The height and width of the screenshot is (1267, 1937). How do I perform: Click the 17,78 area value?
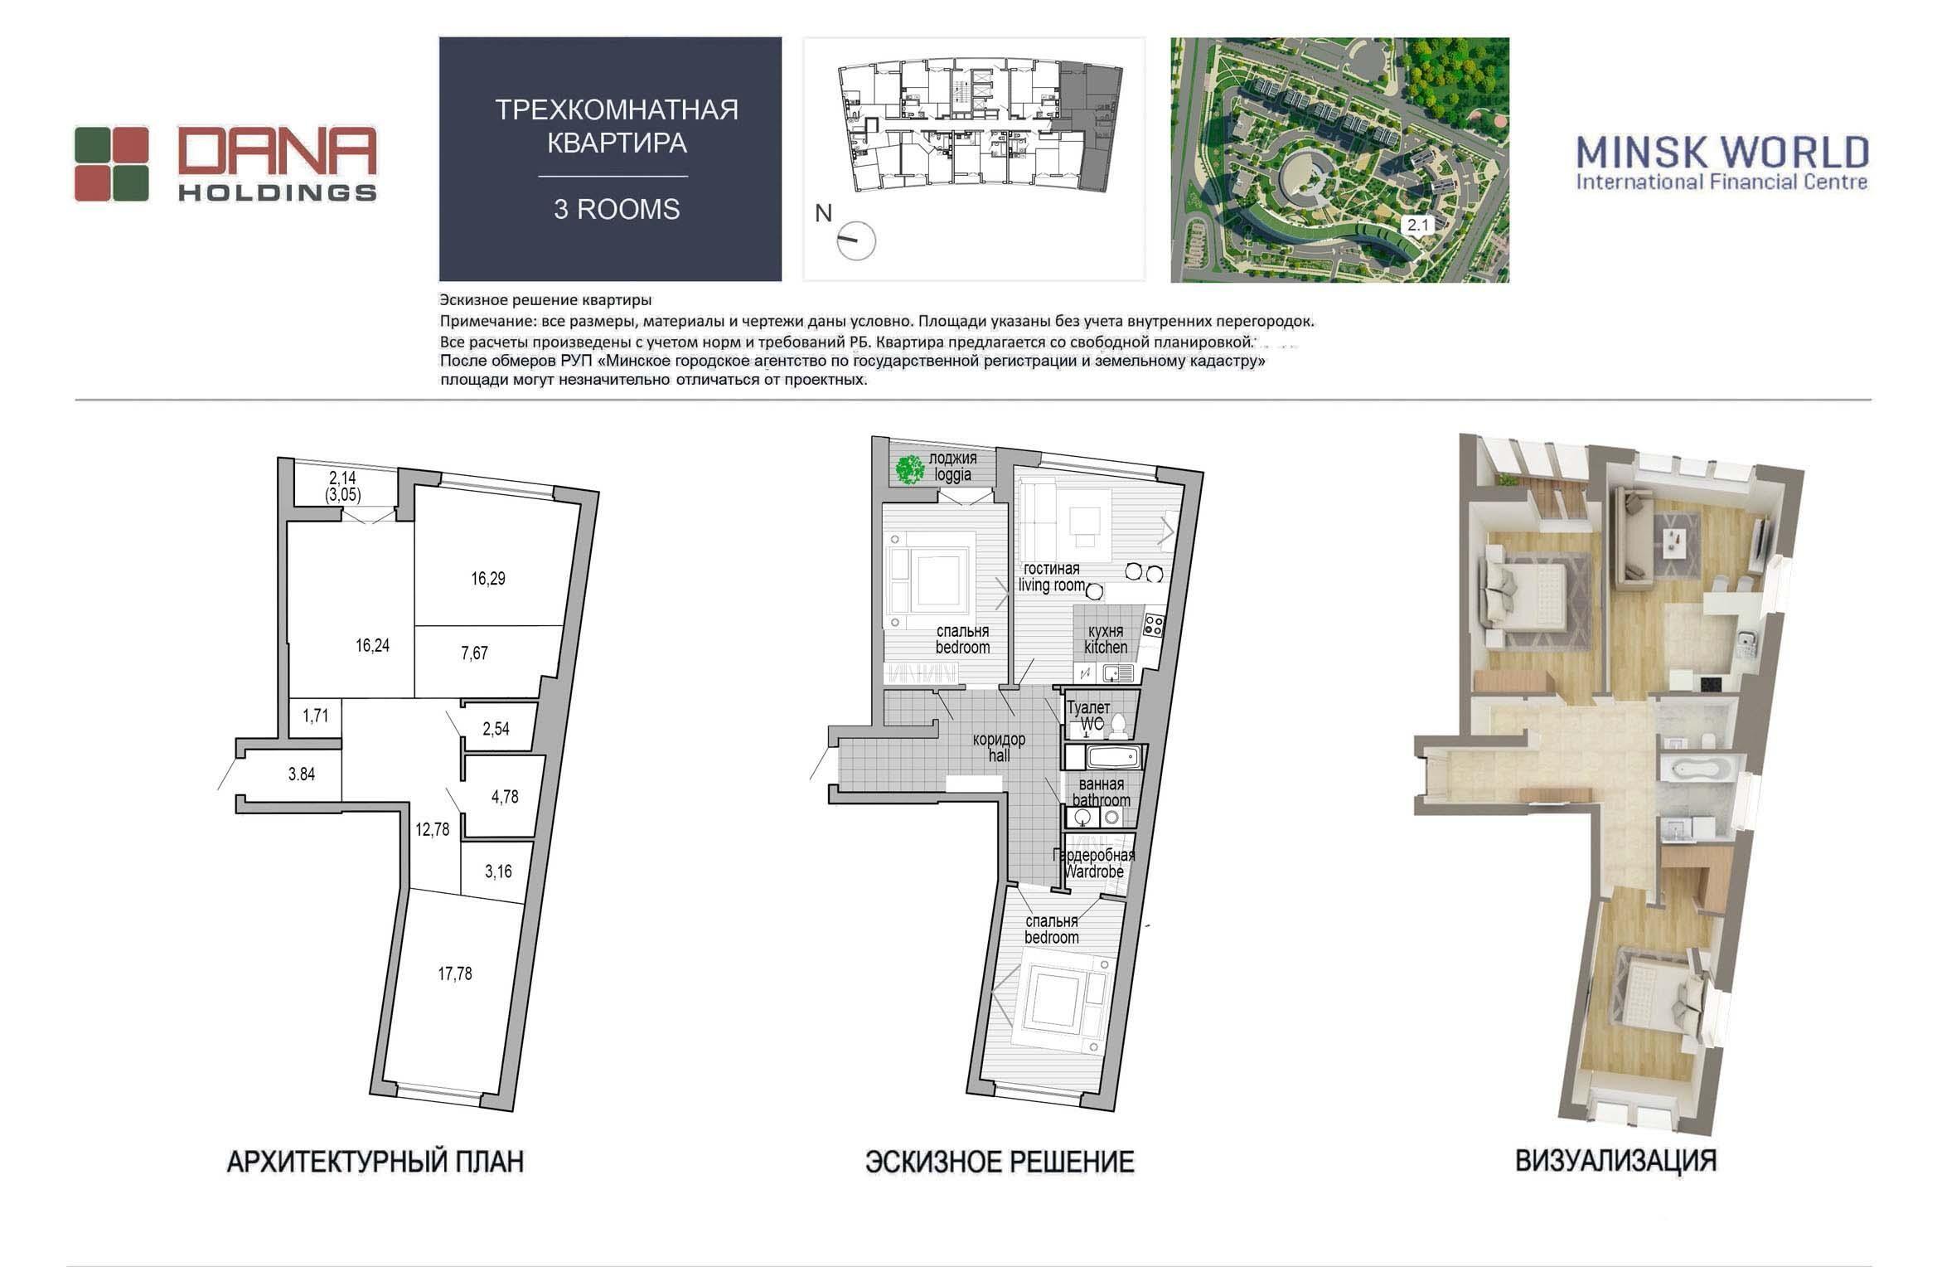455,973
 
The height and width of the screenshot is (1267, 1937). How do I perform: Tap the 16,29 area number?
488,579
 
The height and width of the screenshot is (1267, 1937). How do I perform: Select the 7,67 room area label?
475,653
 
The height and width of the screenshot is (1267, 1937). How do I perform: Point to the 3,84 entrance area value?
302,774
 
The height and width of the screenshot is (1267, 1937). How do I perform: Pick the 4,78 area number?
505,797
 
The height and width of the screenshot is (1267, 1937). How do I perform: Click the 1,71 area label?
316,716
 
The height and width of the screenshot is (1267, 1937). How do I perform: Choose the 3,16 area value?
498,871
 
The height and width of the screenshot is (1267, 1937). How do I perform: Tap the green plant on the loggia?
909,470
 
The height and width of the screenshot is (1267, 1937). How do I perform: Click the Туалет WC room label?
1088,716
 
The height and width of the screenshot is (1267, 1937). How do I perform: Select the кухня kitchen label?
1106,639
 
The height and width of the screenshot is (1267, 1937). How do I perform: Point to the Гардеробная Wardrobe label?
1094,863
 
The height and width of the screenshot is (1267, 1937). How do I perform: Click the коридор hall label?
999,747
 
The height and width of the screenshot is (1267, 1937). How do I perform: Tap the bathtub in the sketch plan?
1114,756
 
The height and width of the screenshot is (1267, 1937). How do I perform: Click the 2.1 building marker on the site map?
1417,224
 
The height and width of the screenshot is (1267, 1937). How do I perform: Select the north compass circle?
856,240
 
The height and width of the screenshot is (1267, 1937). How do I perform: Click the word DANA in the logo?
277,153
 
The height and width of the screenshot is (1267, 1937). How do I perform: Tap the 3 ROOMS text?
617,209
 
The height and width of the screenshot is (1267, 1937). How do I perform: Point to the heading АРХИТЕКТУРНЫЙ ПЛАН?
375,1162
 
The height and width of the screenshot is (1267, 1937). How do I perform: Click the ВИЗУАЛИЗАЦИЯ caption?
1615,1160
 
